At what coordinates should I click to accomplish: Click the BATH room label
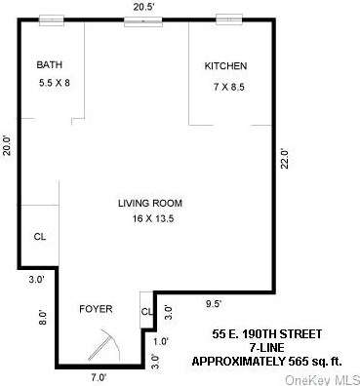[50, 65]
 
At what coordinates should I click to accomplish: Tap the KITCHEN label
[225, 66]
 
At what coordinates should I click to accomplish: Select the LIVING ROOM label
[150, 204]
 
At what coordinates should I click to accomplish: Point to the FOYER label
[96, 309]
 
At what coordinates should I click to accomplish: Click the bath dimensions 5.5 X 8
[54, 83]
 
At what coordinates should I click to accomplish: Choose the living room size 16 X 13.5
[150, 219]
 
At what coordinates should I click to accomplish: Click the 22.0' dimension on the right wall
[285, 157]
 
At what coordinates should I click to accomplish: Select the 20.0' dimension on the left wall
[7, 144]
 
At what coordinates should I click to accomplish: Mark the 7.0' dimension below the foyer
[98, 377]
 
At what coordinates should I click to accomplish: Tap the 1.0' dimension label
[160, 340]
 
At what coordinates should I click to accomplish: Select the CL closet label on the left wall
[40, 236]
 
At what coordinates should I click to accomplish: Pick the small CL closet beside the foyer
[146, 312]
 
